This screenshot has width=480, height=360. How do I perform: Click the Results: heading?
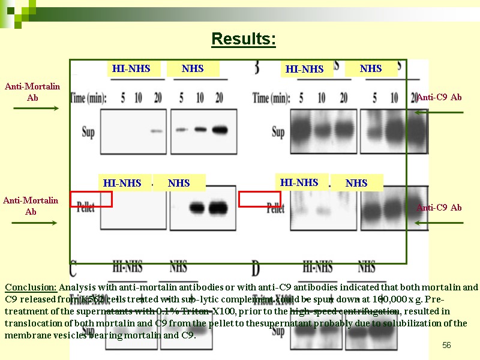(x=243, y=40)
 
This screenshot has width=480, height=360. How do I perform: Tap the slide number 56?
(x=446, y=344)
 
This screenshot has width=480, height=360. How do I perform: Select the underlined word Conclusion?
(x=31, y=287)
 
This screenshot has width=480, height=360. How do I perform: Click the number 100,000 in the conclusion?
(x=374, y=299)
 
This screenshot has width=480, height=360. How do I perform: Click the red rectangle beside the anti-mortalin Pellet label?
(x=91, y=199)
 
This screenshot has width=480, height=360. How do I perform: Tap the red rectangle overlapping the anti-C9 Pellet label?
(x=260, y=199)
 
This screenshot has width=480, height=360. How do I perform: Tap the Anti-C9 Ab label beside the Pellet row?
(x=439, y=208)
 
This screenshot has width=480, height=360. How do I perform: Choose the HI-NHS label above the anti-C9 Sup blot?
(x=304, y=70)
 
